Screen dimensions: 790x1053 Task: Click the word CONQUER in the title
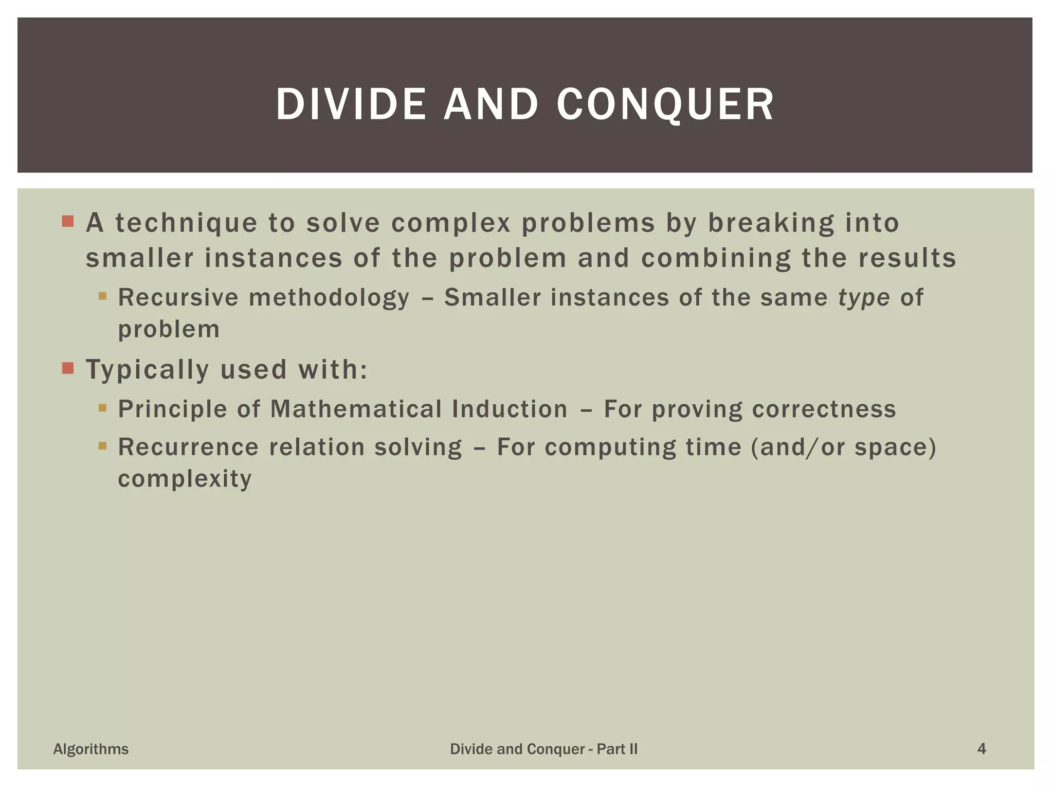click(x=665, y=105)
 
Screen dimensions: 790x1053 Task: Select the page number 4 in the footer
click(x=981, y=749)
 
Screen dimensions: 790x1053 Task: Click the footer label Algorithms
click(x=91, y=749)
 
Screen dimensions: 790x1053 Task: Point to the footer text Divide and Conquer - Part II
click(x=543, y=749)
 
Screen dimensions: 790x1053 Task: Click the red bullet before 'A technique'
click(x=68, y=222)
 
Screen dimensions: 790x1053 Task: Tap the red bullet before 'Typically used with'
click(x=68, y=368)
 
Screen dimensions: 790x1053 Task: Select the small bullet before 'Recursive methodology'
click(x=102, y=296)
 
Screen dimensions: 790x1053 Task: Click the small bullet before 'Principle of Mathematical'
click(x=102, y=408)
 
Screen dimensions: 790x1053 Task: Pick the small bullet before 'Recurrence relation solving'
click(x=102, y=445)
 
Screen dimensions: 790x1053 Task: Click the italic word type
click(x=864, y=298)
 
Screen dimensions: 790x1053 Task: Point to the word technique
click(x=186, y=223)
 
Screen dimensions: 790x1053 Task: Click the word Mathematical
click(x=356, y=409)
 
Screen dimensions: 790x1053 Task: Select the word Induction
click(x=510, y=409)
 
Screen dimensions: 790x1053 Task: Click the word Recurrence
click(x=188, y=447)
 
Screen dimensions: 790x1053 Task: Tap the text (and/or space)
click(x=843, y=447)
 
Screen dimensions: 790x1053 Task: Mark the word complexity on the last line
click(x=185, y=479)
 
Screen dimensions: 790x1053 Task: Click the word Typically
click(x=148, y=370)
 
